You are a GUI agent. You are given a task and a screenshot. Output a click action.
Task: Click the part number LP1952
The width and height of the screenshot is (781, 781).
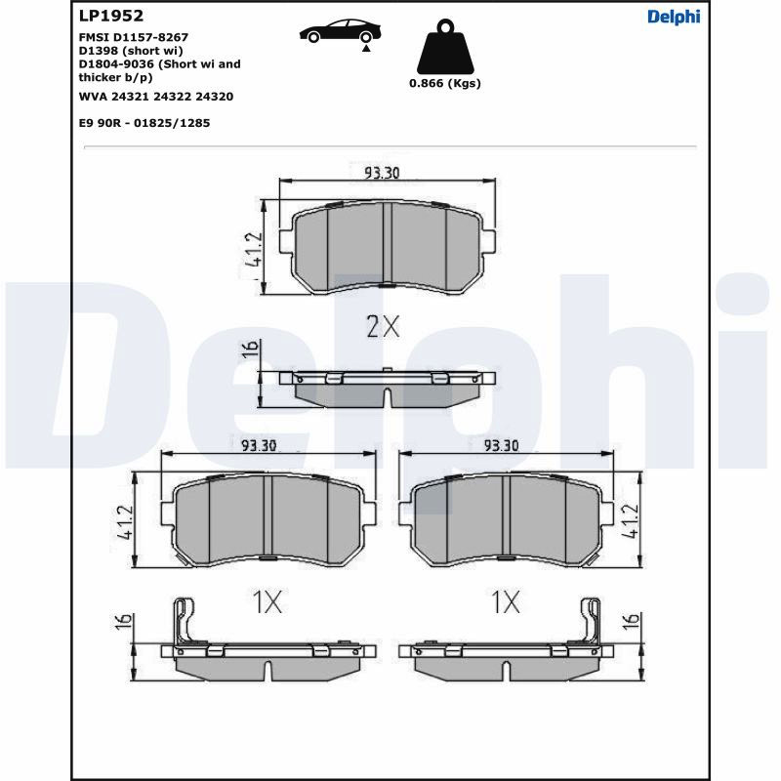click(111, 16)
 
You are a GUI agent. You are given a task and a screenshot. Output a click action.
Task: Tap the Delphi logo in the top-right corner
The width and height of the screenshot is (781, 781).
click(674, 17)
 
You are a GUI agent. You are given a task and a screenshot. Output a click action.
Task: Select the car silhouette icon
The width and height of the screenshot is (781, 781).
click(341, 31)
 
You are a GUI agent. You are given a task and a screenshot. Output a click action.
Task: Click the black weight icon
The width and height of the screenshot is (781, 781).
click(445, 47)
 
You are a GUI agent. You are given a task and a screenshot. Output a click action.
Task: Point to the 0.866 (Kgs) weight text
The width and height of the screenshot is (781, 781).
click(445, 83)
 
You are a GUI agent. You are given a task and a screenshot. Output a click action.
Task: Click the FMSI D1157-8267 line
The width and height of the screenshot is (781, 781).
click(134, 37)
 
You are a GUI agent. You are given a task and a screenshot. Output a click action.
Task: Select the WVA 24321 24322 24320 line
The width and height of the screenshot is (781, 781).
click(156, 97)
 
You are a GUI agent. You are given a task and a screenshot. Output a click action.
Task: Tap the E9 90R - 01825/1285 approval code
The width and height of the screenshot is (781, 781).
click(144, 123)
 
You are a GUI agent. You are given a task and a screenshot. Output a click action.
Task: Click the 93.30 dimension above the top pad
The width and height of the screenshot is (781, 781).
click(382, 173)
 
